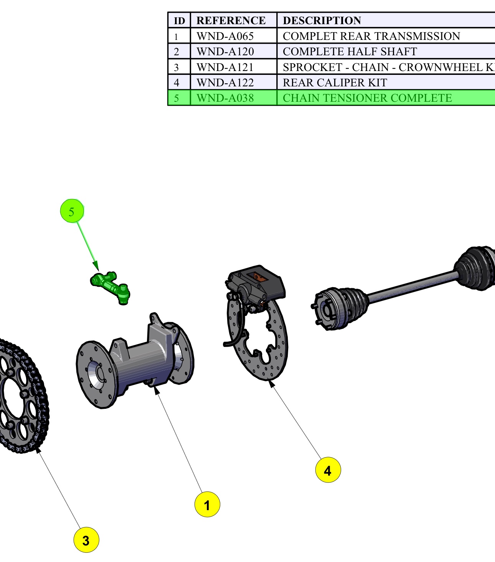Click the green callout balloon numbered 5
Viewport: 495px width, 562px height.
pyautogui.click(x=72, y=210)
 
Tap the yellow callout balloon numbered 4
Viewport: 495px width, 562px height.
pyautogui.click(x=328, y=470)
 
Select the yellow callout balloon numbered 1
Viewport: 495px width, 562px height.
pyautogui.click(x=207, y=504)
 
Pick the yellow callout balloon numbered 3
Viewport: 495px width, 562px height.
pyautogui.click(x=86, y=540)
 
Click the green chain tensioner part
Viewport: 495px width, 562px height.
pyautogui.click(x=111, y=288)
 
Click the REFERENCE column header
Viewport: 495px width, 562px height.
pyautogui.click(x=231, y=20)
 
